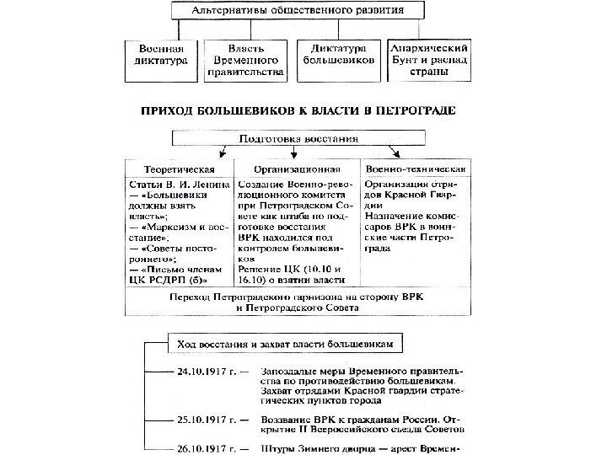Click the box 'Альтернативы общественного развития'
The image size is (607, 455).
click(x=299, y=13)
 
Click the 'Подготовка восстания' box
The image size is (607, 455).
click(x=299, y=137)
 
